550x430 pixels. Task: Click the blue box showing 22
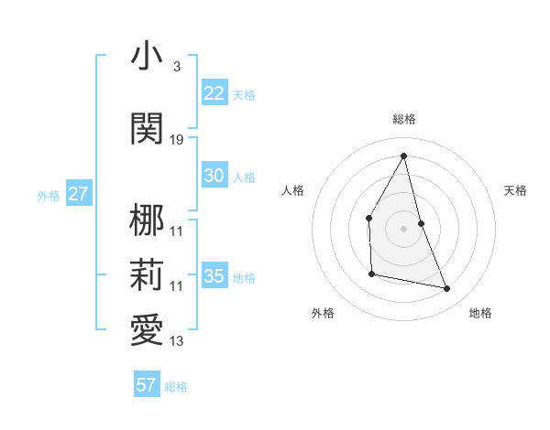214,93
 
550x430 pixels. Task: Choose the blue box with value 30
214,176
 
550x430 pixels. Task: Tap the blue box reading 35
214,276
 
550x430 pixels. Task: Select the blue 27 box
79,194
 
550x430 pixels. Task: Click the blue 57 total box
147,385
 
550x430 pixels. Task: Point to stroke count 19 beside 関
177,139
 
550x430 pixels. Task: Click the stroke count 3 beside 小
176,67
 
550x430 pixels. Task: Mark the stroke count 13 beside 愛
177,342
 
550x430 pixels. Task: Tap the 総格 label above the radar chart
403,119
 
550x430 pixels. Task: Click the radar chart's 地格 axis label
480,313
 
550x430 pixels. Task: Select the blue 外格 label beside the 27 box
49,195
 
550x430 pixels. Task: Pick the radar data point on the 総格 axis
403,156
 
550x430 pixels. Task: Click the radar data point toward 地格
447,289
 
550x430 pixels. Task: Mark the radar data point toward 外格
371,274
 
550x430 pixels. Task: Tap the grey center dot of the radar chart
403,228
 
